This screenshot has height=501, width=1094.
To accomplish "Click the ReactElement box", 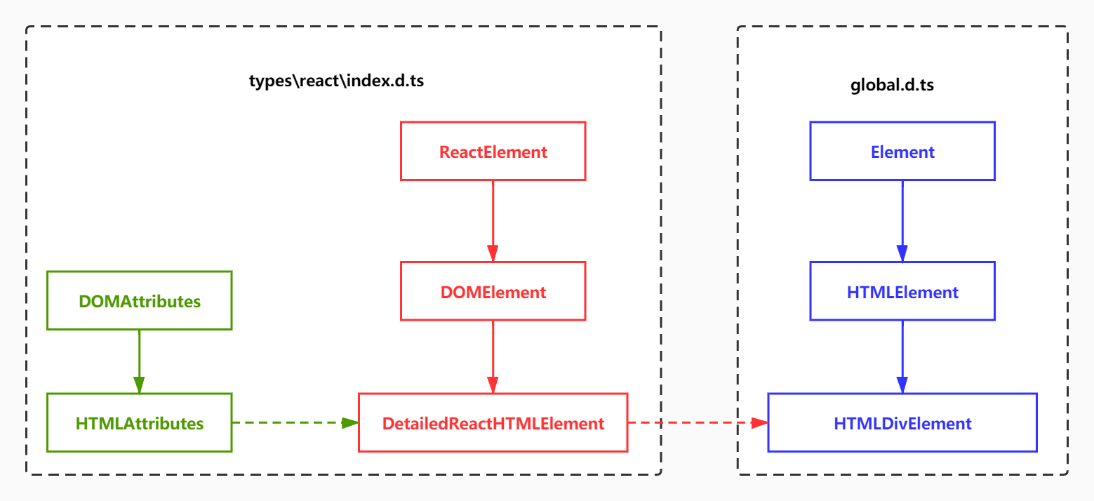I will coord(493,152).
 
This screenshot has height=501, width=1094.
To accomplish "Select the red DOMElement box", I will coord(493,292).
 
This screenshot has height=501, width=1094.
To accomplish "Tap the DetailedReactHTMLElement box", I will coord(493,423).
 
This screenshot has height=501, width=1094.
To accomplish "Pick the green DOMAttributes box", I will coord(139,301).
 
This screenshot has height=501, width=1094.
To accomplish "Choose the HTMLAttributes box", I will coord(139,423).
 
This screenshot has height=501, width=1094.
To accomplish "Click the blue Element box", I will coord(902,152).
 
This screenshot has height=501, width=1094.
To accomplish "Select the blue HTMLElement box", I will coord(902,292).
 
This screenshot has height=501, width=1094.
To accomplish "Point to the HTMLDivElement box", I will coord(902,423).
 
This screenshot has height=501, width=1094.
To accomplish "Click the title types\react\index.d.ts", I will coord(336,81).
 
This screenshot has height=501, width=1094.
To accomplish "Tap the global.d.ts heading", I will coord(892,86).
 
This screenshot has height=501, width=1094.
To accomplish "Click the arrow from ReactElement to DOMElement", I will coord(493,218).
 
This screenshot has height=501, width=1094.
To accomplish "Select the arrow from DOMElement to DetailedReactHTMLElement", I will coord(493,354).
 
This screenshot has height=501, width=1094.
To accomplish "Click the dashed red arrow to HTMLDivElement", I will coord(695,422).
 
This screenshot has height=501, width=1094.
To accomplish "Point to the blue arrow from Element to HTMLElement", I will coord(902,218).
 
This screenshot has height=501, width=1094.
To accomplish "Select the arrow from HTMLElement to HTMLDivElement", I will coord(902,354).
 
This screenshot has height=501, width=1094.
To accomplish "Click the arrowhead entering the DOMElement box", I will coord(493,254).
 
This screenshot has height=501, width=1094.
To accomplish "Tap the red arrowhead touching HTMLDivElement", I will coord(760,422).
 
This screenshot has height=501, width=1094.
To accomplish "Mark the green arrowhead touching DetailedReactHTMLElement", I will coord(350,422).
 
